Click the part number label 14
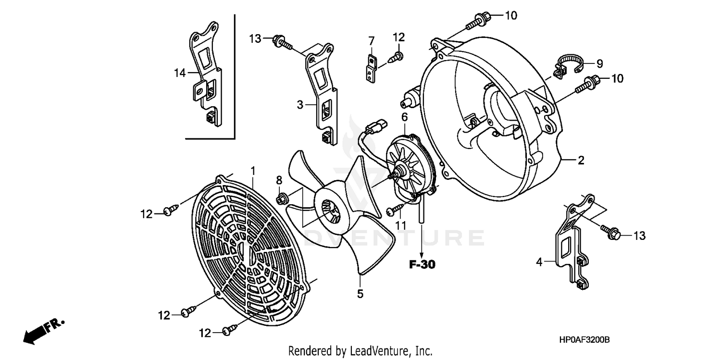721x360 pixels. coord(179,73)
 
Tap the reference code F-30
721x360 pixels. coord(422,264)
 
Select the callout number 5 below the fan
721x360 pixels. coord(360,293)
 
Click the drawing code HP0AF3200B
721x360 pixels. coord(584,340)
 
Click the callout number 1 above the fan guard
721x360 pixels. coord(253,171)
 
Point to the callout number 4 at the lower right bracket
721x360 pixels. coord(539,262)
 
